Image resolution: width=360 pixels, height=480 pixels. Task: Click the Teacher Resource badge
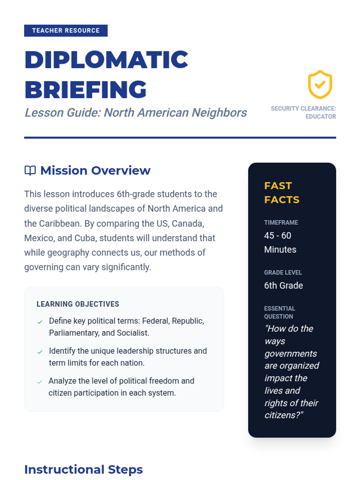coord(66,31)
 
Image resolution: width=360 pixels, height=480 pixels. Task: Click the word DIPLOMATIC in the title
coord(106,60)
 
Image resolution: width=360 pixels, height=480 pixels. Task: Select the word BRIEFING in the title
coord(85,90)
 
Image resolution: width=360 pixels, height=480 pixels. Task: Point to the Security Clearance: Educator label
coord(303,112)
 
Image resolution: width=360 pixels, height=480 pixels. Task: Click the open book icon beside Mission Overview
coord(30,170)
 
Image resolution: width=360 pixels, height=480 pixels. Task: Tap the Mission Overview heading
coord(95,170)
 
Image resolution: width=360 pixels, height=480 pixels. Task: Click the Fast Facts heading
coord(281,193)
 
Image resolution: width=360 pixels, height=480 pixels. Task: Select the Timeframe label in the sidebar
coord(281,223)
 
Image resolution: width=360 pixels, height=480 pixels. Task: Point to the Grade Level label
coord(283,273)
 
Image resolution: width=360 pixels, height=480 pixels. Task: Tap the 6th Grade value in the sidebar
coord(283,286)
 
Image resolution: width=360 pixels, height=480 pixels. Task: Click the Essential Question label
coord(279,312)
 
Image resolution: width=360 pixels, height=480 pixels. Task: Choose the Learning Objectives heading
coord(78,304)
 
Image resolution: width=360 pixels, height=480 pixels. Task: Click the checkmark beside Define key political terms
coord(40,322)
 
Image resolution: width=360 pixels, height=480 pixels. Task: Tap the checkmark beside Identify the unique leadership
coord(40,352)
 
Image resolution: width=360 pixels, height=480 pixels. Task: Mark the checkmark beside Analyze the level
coord(40,382)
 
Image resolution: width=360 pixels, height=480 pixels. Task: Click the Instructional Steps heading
coord(83,469)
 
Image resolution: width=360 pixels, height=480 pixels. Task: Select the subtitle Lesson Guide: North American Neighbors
coord(136,113)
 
